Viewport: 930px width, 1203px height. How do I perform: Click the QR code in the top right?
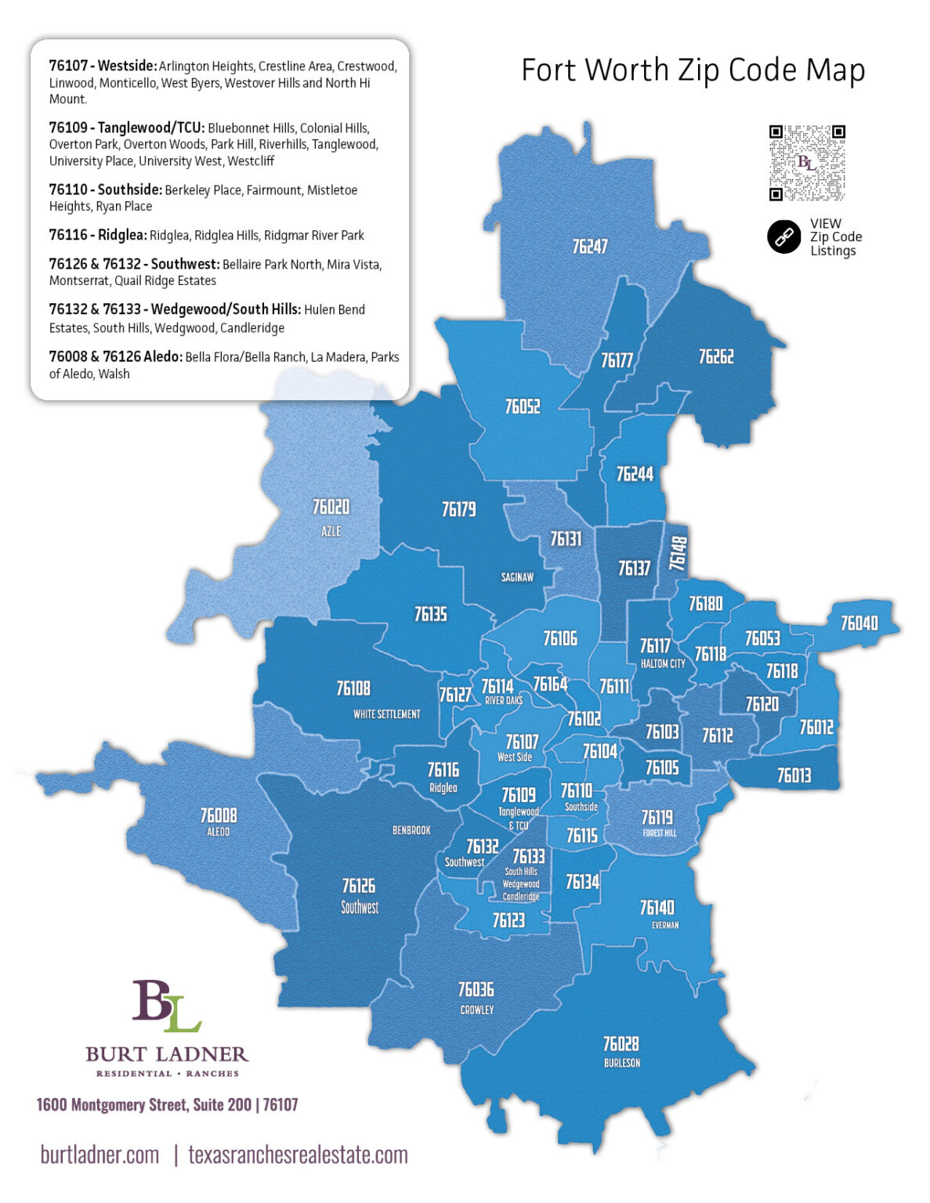pyautogui.click(x=806, y=163)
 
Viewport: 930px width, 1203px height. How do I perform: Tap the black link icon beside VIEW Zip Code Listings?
pyautogui.click(x=783, y=237)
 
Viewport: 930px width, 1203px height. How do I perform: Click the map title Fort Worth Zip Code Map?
pyautogui.click(x=693, y=70)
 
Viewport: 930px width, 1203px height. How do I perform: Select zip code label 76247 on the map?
pyautogui.click(x=589, y=247)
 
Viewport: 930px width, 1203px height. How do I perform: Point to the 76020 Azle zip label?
pyautogui.click(x=331, y=508)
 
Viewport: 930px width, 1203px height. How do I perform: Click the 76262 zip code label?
pyautogui.click(x=716, y=357)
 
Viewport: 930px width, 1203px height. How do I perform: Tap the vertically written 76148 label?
pyautogui.click(x=679, y=553)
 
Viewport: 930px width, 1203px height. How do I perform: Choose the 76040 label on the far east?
pyautogui.click(x=859, y=623)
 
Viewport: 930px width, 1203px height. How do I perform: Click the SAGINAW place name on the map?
pyautogui.click(x=517, y=577)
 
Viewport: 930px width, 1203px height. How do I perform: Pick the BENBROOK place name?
pyautogui.click(x=411, y=830)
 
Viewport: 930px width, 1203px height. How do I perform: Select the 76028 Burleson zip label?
pyautogui.click(x=621, y=1044)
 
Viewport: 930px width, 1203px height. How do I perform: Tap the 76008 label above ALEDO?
pyautogui.click(x=218, y=816)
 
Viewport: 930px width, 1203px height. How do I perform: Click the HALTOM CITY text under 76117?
pyautogui.click(x=663, y=663)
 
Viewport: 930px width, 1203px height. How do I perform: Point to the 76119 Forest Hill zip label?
pyautogui.click(x=657, y=818)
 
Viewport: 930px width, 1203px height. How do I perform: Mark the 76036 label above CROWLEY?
pyautogui.click(x=476, y=990)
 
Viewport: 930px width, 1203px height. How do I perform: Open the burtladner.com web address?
pyautogui.click(x=100, y=1154)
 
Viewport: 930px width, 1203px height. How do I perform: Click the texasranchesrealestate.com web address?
pyautogui.click(x=298, y=1154)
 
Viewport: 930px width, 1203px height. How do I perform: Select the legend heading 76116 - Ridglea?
pyautogui.click(x=97, y=235)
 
